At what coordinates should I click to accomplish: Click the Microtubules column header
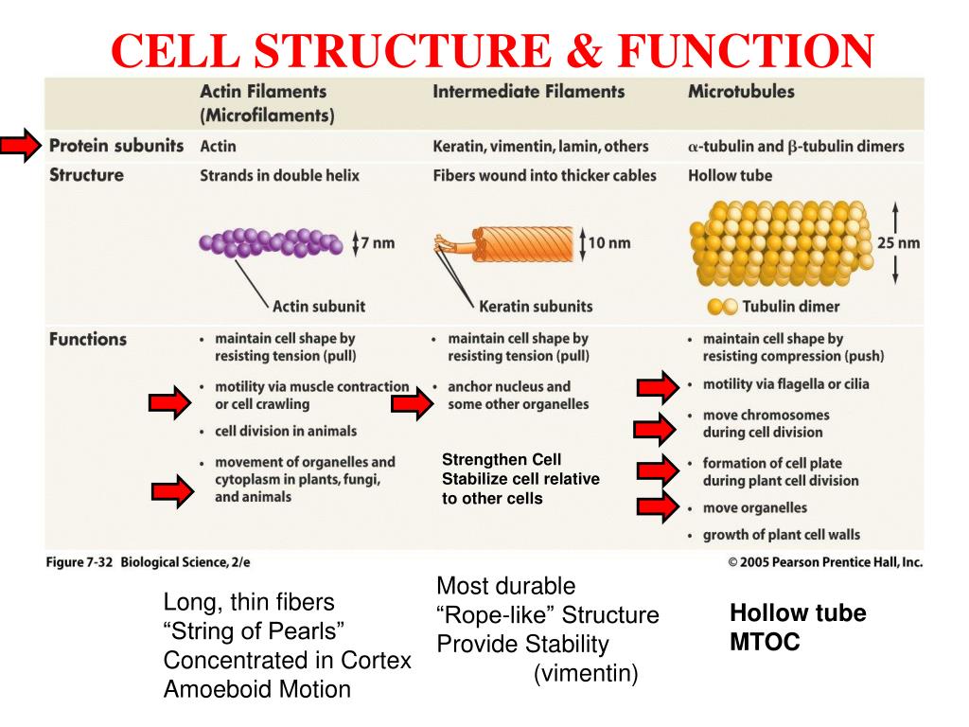(741, 92)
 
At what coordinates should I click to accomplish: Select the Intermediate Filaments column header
(528, 92)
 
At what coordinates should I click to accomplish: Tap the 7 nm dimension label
(378, 242)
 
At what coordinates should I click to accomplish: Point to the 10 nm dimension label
(609, 242)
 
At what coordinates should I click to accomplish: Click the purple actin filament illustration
(272, 242)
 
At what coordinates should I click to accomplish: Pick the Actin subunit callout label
(318, 306)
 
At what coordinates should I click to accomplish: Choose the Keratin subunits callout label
(536, 306)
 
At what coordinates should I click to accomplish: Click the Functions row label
(87, 339)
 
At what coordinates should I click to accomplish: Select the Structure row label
(86, 175)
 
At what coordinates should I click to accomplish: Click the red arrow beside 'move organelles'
(655, 507)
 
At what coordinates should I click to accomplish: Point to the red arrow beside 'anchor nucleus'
(411, 404)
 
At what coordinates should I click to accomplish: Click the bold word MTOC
(765, 642)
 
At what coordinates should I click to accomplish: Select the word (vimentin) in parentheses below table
(586, 674)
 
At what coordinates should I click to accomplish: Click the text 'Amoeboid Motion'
(256, 689)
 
